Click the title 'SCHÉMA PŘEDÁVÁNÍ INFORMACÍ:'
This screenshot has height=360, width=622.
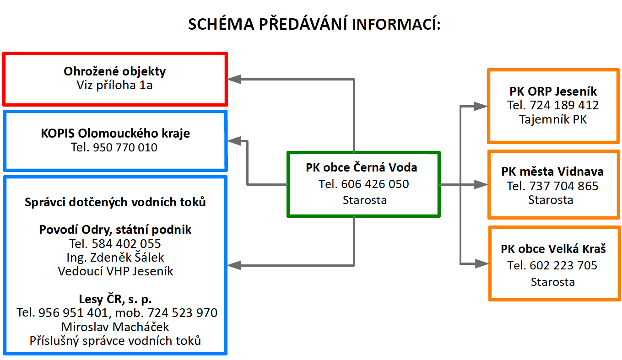(314, 24)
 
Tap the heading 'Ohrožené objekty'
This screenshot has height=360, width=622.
(115, 72)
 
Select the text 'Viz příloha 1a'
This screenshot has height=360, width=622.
(115, 85)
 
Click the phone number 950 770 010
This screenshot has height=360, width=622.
(125, 147)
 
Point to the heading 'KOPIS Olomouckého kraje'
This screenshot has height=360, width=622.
(115, 134)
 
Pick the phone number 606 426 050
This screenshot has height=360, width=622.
(375, 184)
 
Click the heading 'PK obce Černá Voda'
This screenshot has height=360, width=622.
(362, 167)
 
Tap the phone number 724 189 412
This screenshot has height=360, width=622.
(564, 105)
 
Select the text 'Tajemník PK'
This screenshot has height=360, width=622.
(553, 120)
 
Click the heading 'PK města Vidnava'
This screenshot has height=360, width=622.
(552, 172)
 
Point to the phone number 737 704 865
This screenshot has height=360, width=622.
(564, 186)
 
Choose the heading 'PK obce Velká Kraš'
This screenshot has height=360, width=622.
(553, 249)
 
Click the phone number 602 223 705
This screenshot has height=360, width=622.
(563, 266)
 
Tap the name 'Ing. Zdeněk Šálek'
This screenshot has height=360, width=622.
(115, 258)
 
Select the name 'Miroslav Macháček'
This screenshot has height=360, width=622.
(115, 327)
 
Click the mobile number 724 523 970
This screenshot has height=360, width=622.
(182, 313)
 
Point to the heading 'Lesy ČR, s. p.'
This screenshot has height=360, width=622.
(115, 299)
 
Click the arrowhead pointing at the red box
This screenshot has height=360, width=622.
(234, 80)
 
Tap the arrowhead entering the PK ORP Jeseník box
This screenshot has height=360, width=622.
(481, 106)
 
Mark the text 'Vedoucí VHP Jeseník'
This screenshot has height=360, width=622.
(115, 271)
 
